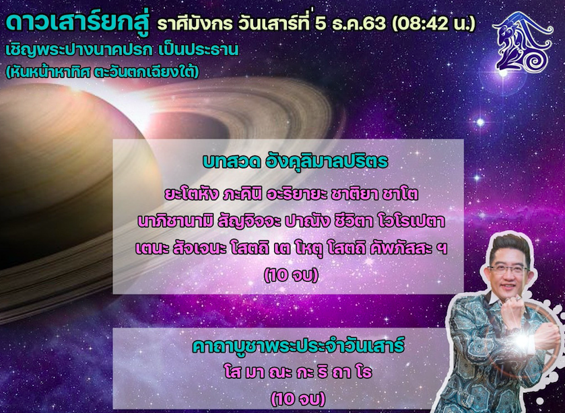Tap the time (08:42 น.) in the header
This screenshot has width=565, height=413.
click(433, 24)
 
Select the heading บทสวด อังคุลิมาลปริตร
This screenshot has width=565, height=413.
click(295, 161)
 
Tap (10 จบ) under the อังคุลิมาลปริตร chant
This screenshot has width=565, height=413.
click(291, 276)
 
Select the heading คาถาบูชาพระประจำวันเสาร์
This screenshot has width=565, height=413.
click(298, 346)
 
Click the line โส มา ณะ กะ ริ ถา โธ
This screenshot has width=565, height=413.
click(298, 372)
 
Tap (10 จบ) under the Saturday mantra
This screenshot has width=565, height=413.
click(298, 398)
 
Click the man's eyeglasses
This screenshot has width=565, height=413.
click(509, 269)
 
